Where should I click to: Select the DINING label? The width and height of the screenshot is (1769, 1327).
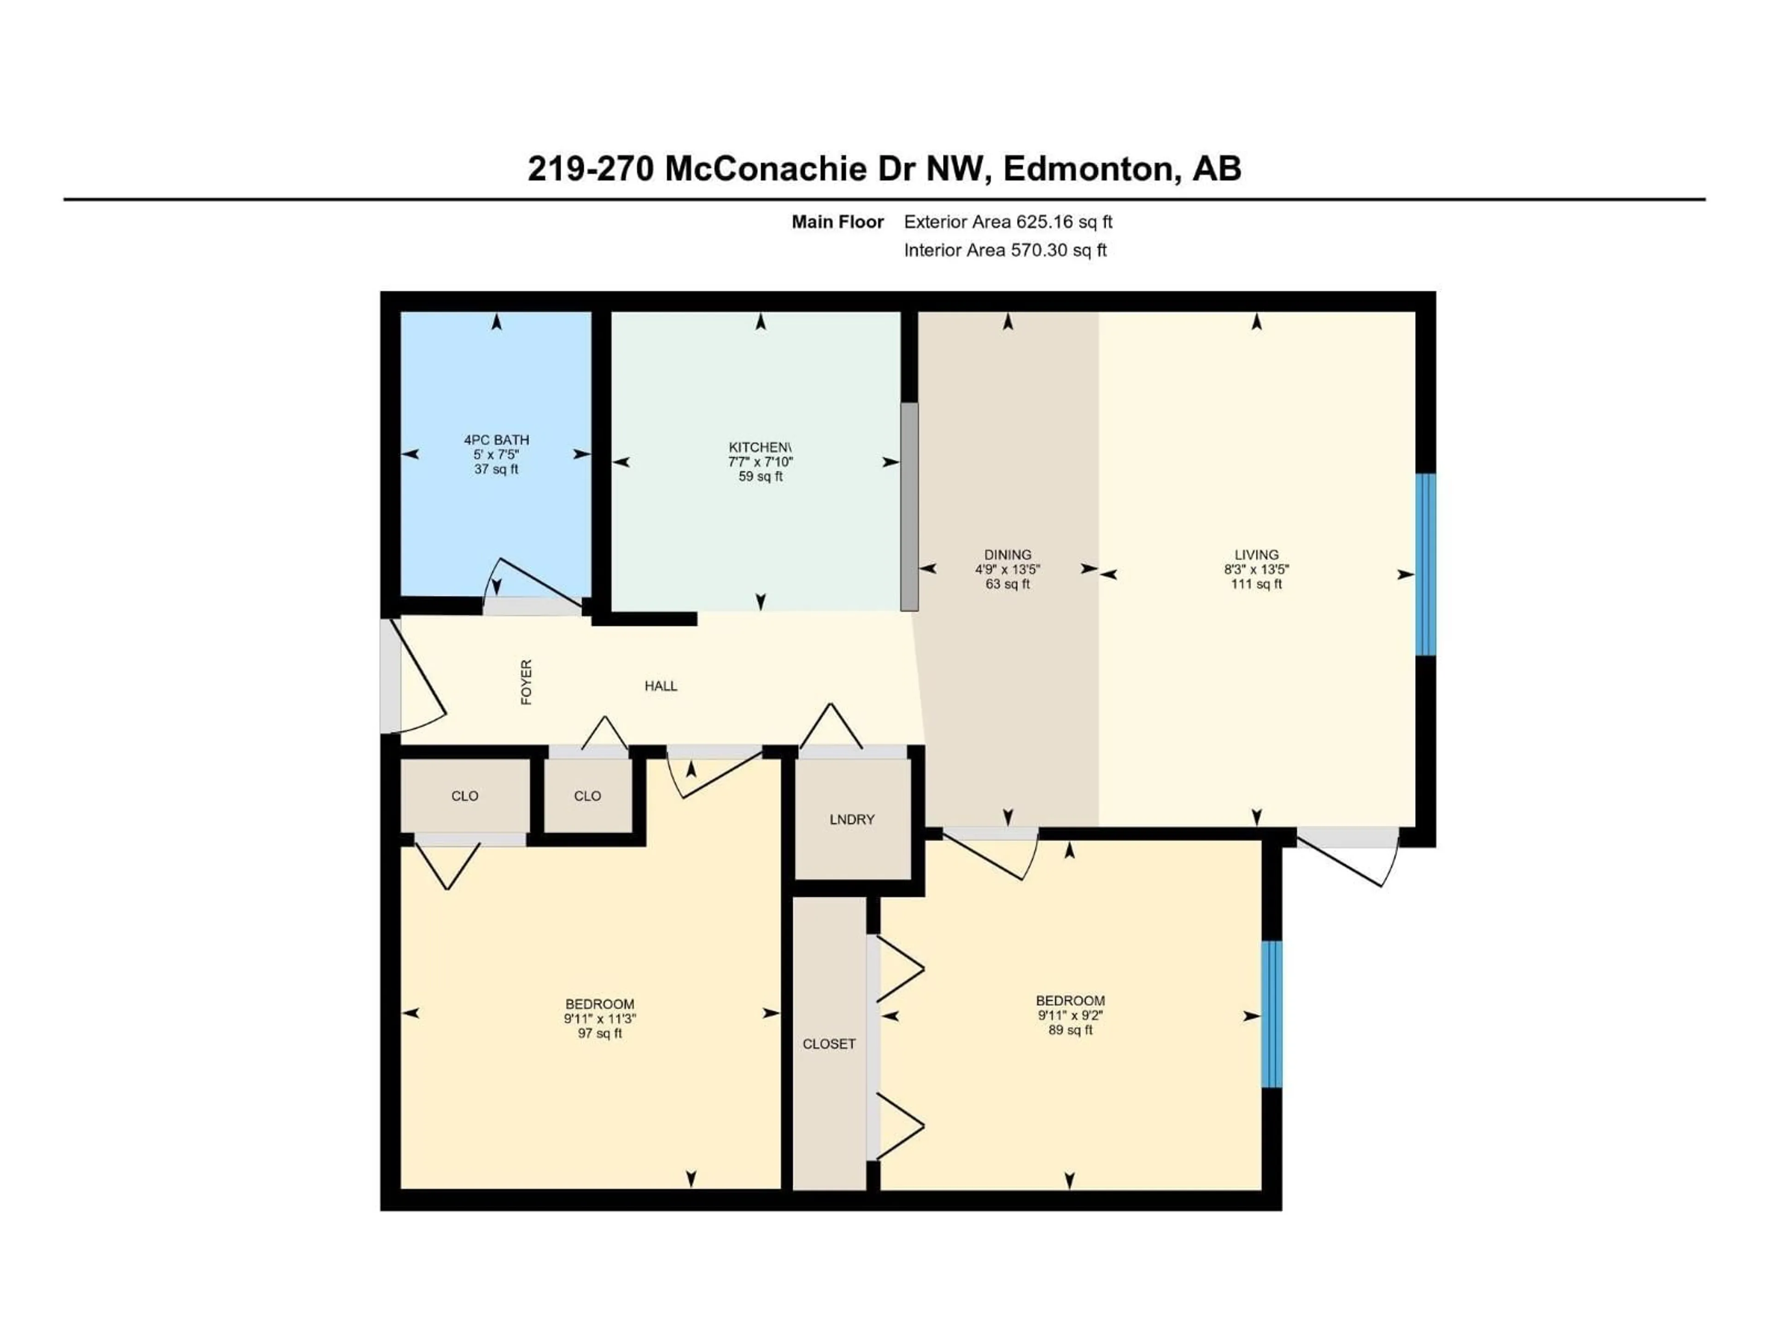click(1008, 554)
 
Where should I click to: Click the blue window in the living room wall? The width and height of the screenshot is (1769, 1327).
click(1425, 564)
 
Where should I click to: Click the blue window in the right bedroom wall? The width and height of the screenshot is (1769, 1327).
click(1271, 1014)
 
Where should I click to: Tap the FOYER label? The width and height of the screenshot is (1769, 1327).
click(526, 682)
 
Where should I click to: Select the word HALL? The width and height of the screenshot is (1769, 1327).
click(661, 686)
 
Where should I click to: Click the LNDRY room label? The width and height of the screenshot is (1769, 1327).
click(852, 819)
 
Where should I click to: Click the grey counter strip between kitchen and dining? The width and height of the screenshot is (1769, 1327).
click(909, 506)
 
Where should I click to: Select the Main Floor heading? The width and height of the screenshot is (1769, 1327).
click(838, 223)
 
